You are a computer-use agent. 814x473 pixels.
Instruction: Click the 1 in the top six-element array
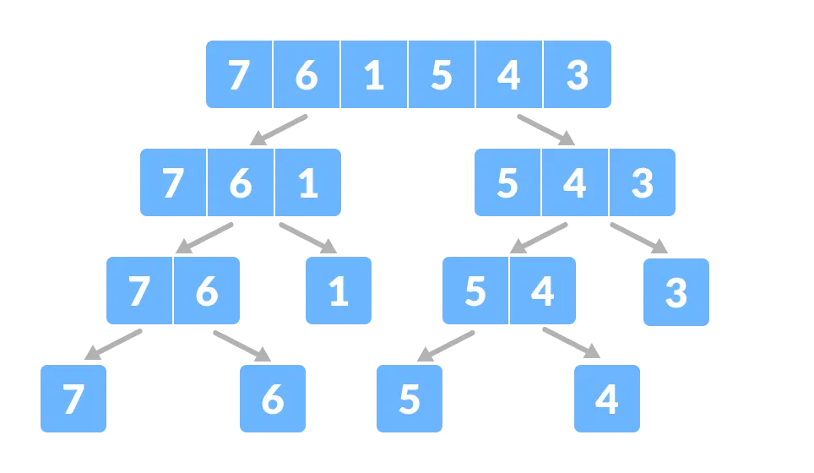tap(374, 75)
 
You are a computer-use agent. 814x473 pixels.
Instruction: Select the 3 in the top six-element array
tap(577, 75)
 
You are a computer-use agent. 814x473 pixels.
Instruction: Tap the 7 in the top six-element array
tap(239, 75)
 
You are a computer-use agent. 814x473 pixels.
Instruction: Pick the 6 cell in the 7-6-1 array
tap(241, 183)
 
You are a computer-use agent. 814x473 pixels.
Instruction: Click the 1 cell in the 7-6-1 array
tap(308, 183)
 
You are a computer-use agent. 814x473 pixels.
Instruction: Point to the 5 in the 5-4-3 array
tap(507, 183)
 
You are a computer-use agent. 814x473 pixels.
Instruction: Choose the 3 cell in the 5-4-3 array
tap(643, 183)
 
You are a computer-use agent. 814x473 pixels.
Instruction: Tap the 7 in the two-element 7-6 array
tap(139, 291)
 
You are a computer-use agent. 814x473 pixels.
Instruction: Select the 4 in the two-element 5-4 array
tap(542, 291)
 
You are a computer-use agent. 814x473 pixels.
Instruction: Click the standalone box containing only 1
tap(339, 291)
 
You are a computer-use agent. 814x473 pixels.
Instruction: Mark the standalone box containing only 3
tap(676, 292)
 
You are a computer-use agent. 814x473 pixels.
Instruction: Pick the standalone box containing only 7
tap(73, 399)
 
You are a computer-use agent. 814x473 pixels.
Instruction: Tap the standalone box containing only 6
tap(273, 399)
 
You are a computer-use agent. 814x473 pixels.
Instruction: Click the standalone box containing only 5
tap(410, 399)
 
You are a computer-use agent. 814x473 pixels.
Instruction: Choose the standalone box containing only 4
tap(607, 399)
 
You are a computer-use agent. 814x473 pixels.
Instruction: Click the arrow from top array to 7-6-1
tap(278, 130)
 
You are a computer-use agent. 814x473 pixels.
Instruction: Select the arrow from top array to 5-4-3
tap(546, 130)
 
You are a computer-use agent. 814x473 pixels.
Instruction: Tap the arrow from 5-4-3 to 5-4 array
tap(539, 238)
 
